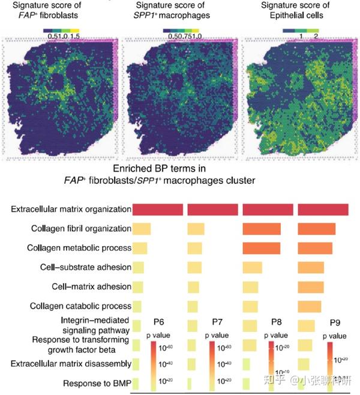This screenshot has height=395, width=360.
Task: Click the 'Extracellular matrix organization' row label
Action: click(x=71, y=210)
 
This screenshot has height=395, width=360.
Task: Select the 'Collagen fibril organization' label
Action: click(x=80, y=229)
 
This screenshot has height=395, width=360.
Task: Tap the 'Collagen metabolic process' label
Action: click(x=80, y=248)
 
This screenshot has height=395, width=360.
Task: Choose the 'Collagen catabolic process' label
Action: click(x=80, y=306)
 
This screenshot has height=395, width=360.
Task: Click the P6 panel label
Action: click(x=158, y=321)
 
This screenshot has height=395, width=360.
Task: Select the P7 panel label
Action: click(x=218, y=321)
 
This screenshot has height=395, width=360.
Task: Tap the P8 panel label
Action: click(x=277, y=321)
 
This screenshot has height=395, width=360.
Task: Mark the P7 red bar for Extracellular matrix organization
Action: click(x=213, y=210)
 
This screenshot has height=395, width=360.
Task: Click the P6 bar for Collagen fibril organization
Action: click(x=142, y=229)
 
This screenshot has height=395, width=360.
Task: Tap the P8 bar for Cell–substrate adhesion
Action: click(x=253, y=268)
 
